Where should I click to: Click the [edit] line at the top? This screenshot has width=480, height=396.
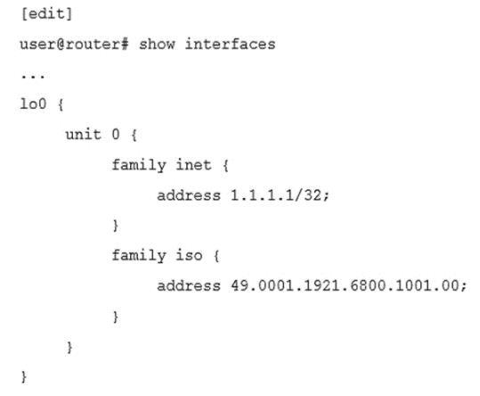tap(46, 14)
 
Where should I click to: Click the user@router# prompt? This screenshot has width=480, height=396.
tap(74, 44)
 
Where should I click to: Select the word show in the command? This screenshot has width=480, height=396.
tap(157, 44)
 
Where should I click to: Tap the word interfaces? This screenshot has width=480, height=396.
tap(230, 44)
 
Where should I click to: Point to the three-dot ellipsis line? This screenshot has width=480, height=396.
tap(33, 77)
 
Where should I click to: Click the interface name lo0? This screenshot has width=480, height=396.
tap(33, 103)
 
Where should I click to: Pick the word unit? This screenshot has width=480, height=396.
tap(84, 135)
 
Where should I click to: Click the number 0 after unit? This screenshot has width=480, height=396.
tap(116, 135)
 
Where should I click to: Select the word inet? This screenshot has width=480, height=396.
tap(193, 165)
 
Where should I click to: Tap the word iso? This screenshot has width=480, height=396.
tap(189, 255)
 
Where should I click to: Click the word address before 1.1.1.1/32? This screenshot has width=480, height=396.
tap(189, 195)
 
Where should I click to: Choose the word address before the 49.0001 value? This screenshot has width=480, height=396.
tap(189, 286)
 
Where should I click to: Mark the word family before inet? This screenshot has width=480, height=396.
tap(139, 166)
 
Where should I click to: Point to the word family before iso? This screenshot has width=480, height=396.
tap(139, 256)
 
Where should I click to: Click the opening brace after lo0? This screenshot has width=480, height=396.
tap(61, 104)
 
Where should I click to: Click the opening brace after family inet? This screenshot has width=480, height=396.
tap(225, 166)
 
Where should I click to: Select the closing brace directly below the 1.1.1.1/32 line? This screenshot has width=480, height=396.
tap(116, 226)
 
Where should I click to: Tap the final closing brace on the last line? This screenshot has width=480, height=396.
tap(24, 376)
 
